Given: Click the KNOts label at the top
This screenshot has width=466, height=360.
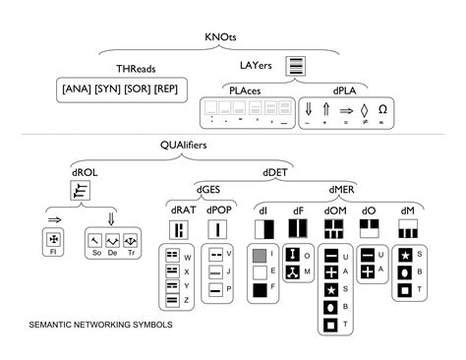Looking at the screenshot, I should point(219,37).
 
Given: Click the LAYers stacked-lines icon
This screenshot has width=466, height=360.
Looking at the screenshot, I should point(294,68).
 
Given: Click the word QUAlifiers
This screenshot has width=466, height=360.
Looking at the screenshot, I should point(191,145).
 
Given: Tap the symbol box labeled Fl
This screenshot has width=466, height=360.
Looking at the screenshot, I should point(54,239).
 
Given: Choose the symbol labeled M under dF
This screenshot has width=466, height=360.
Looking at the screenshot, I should point(292,271).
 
